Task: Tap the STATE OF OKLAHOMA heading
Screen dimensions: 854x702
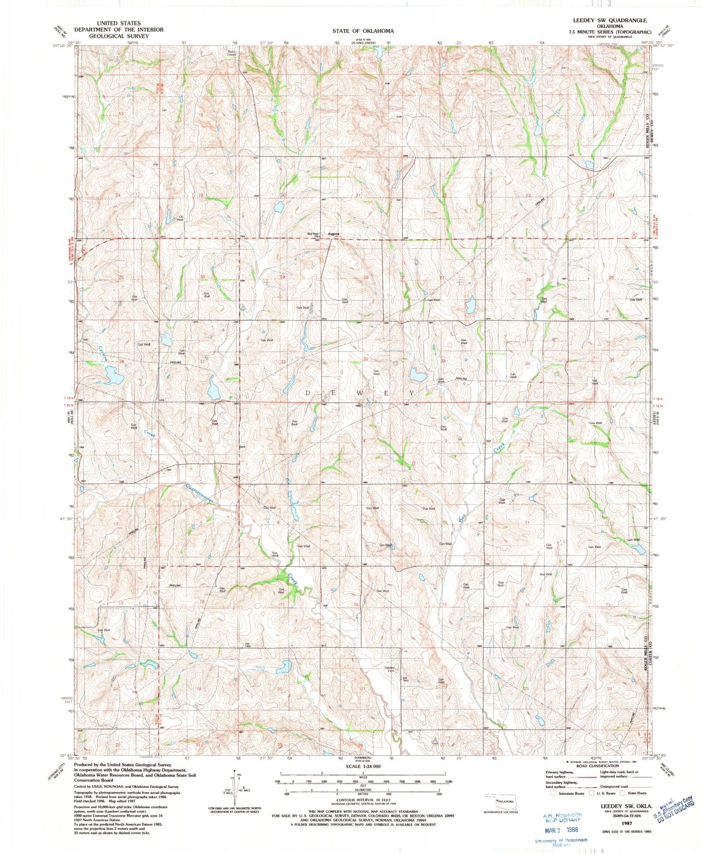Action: coord(363,31)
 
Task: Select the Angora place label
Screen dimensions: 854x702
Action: coord(333,234)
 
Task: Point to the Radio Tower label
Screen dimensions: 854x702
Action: coord(231,53)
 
